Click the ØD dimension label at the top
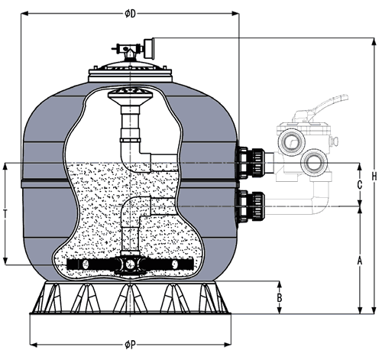(130, 14)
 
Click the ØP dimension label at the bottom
(130, 345)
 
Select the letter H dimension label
(374, 177)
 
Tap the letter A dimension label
(360, 261)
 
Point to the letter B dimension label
(280, 297)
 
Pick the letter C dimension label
(360, 185)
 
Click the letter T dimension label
(5, 213)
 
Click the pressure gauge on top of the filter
(148, 48)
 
